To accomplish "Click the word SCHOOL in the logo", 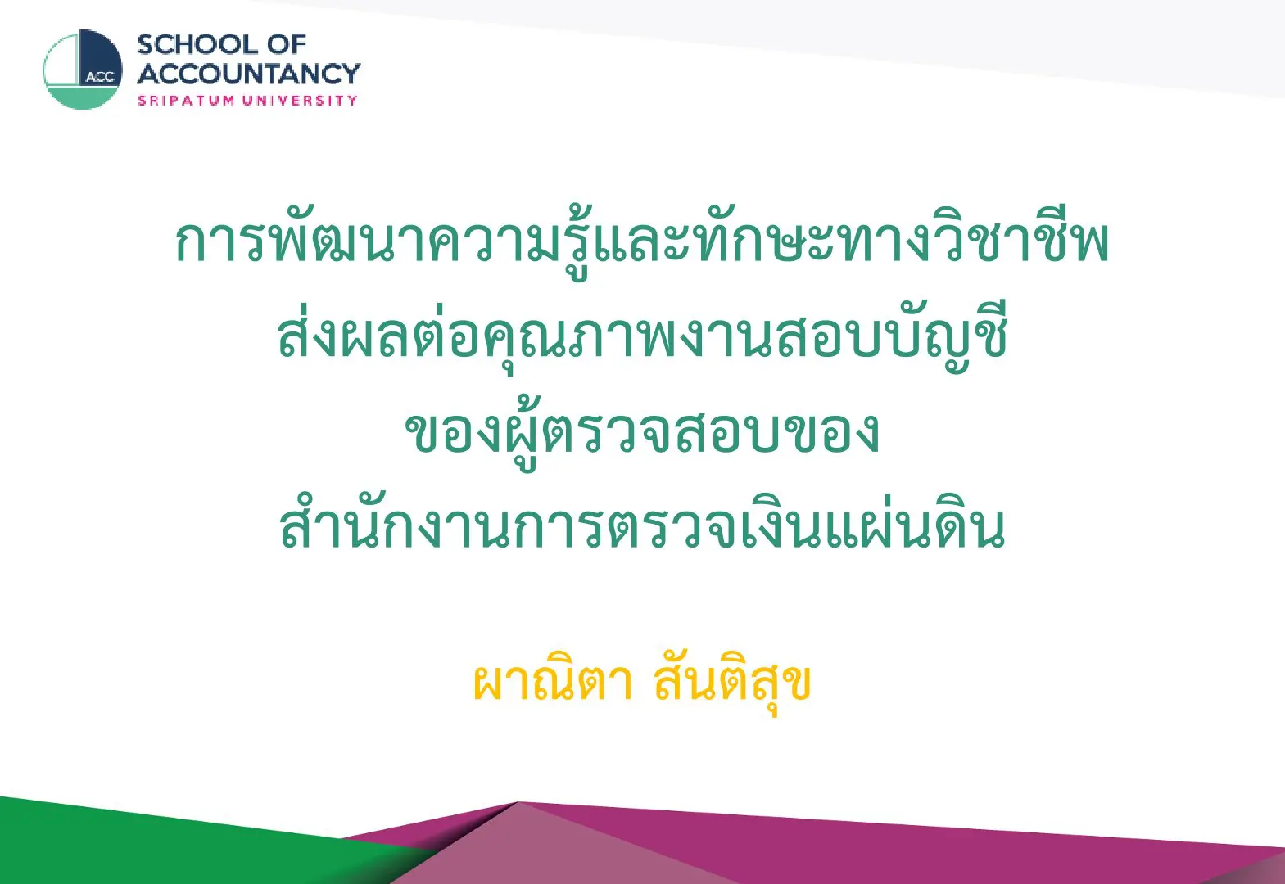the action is tap(198, 45).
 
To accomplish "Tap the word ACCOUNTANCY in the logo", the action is tap(249, 74).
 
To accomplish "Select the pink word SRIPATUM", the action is tap(186, 101).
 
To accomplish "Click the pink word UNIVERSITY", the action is tap(300, 101).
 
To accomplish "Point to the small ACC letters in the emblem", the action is tap(101, 78).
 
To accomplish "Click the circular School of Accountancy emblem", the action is tap(83, 70).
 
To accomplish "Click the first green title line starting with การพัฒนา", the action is tap(642, 244).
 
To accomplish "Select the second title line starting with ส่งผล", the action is tap(642, 338).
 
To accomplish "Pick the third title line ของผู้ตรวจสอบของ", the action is tap(642, 435).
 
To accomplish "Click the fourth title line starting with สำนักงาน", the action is tap(642, 526).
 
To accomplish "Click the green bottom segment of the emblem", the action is tap(83, 97).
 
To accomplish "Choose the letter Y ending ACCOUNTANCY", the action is tap(350, 74).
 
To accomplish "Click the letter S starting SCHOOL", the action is tap(146, 45).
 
